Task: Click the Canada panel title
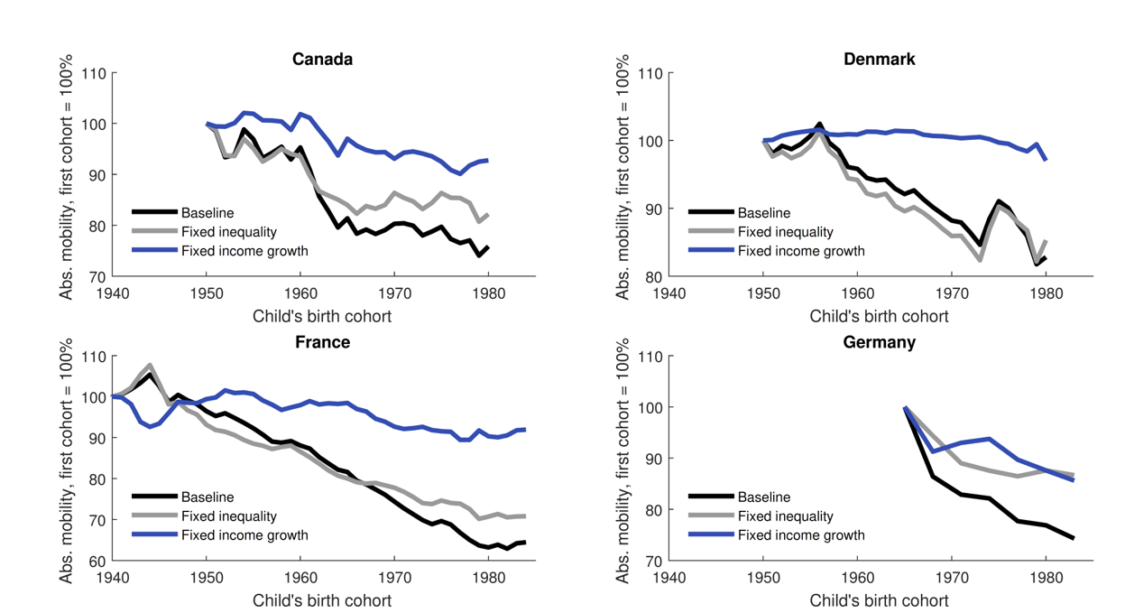322,60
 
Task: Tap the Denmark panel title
879,60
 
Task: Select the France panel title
322,342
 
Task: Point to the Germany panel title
879,342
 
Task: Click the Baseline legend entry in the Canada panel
207,213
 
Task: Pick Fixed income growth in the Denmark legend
800,251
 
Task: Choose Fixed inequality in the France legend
229,516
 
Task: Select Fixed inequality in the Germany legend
786,516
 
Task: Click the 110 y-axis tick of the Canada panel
94,74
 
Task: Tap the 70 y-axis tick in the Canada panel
97,276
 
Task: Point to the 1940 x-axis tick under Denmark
668,293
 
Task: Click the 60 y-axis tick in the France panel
97,561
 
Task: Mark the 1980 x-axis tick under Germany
1046,578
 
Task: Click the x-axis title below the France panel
322,600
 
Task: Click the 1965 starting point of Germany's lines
905,408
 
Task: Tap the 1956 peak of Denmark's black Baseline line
819,125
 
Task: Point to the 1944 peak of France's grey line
150,366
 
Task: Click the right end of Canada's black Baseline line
488,246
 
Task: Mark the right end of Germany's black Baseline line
1074,538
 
